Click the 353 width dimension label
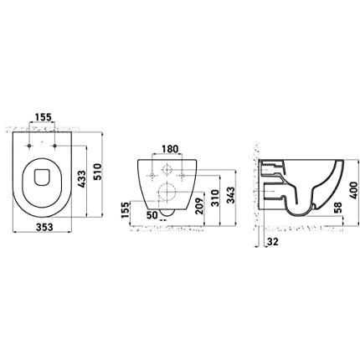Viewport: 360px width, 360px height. [44, 227]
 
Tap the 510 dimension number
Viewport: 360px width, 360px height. [98, 172]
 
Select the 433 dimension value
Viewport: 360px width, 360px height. [82, 179]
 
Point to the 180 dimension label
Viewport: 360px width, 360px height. [170, 149]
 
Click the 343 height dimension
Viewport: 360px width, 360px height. [231, 195]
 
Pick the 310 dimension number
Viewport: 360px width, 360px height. [215, 198]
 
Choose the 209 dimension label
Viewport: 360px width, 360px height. [199, 206]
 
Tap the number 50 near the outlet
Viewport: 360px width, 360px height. [152, 215]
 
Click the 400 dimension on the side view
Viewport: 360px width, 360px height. [353, 190]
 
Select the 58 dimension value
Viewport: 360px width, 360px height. [337, 208]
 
